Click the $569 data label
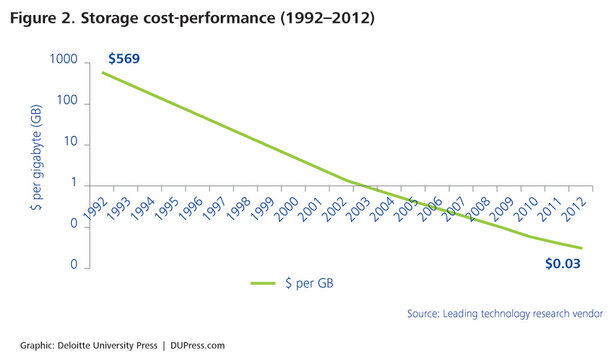point(124,59)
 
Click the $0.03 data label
point(563,265)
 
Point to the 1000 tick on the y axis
point(63,61)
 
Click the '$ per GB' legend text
point(310,284)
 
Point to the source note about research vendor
point(505,314)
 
